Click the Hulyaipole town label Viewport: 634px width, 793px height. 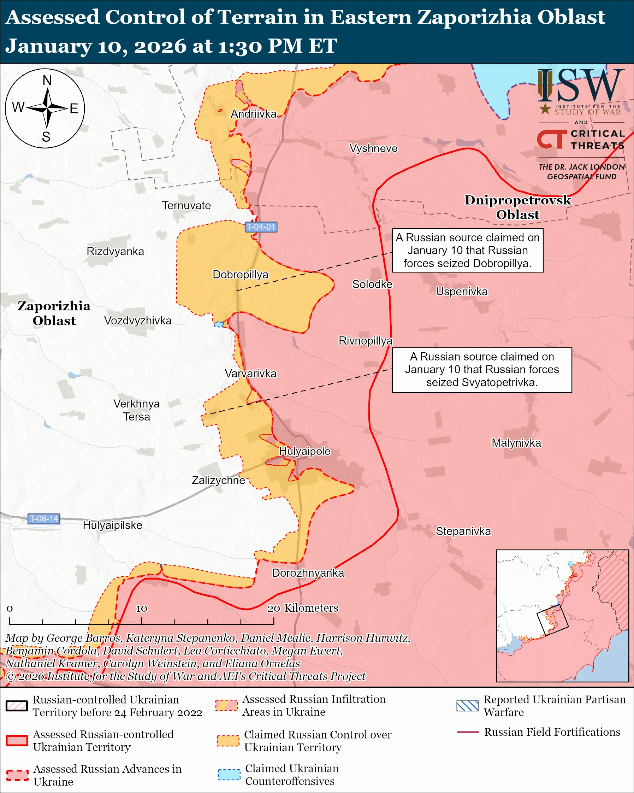click(305, 451)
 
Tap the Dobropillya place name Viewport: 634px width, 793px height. click(241, 275)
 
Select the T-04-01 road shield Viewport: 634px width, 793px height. click(261, 227)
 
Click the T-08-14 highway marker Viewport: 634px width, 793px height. click(44, 519)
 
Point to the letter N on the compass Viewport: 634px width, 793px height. click(47, 80)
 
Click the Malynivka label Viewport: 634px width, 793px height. click(516, 443)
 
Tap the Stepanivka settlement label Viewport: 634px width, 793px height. click(463, 531)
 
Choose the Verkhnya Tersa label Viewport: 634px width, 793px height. click(136, 410)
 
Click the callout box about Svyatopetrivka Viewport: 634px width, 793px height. click(482, 370)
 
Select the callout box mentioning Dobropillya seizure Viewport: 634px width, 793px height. click(468, 251)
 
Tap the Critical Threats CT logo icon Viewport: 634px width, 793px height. click(552, 139)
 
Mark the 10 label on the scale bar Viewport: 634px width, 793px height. click(142, 609)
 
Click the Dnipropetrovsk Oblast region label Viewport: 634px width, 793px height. click(517, 207)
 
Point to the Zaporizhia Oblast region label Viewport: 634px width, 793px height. click(54, 313)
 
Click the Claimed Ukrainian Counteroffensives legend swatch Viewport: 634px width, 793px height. click(229, 774)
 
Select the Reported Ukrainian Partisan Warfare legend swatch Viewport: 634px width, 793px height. click(467, 706)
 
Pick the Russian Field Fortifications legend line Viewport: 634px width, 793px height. click(468, 732)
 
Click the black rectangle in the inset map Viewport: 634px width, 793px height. click(552, 620)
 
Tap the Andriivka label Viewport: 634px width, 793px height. click(253, 114)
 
